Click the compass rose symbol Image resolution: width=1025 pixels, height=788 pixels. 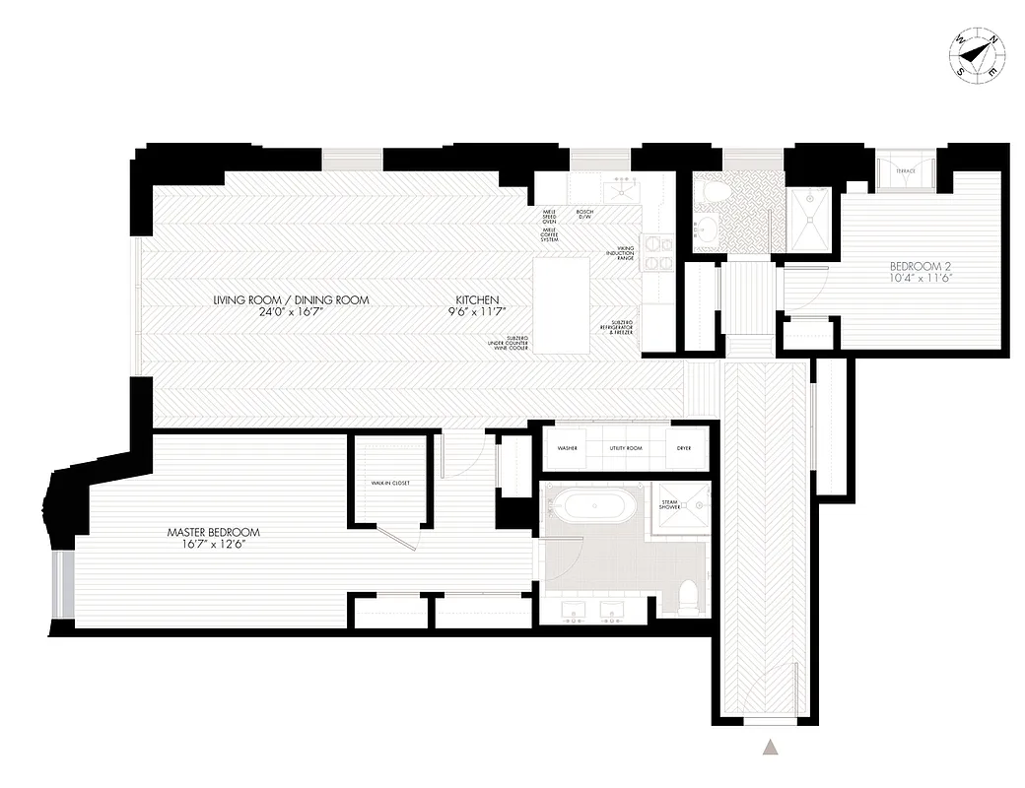(977, 57)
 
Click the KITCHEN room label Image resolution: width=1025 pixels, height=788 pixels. (477, 299)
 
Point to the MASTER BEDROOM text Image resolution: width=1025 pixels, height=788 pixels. (213, 532)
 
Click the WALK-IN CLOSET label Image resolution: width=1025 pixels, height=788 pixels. (389, 484)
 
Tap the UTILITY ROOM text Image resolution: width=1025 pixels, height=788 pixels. (626, 447)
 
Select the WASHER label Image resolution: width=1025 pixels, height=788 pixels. (567, 447)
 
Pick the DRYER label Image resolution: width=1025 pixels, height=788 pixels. (683, 447)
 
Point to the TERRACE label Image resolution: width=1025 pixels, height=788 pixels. (905, 171)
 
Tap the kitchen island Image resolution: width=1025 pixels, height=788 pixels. (562, 306)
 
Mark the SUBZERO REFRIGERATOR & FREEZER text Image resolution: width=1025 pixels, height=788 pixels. (620, 327)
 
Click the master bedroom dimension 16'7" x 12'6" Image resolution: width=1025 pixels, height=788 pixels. (213, 544)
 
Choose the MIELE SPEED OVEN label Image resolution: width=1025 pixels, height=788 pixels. (550, 217)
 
